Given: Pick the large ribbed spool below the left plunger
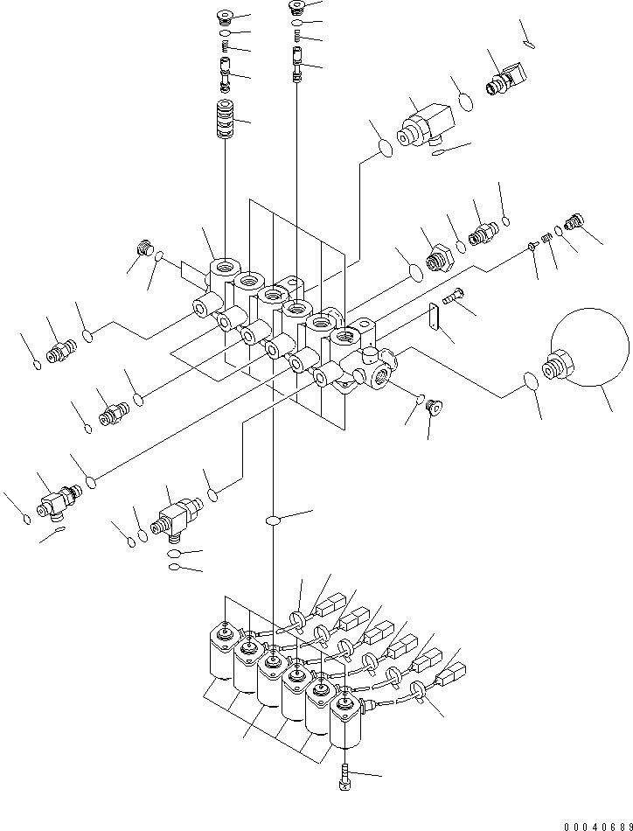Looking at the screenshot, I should tap(226, 120).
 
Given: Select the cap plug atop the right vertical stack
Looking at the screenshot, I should tap(298, 8).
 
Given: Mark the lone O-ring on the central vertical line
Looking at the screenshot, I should tap(274, 521).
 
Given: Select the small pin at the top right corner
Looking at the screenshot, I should tap(527, 43).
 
